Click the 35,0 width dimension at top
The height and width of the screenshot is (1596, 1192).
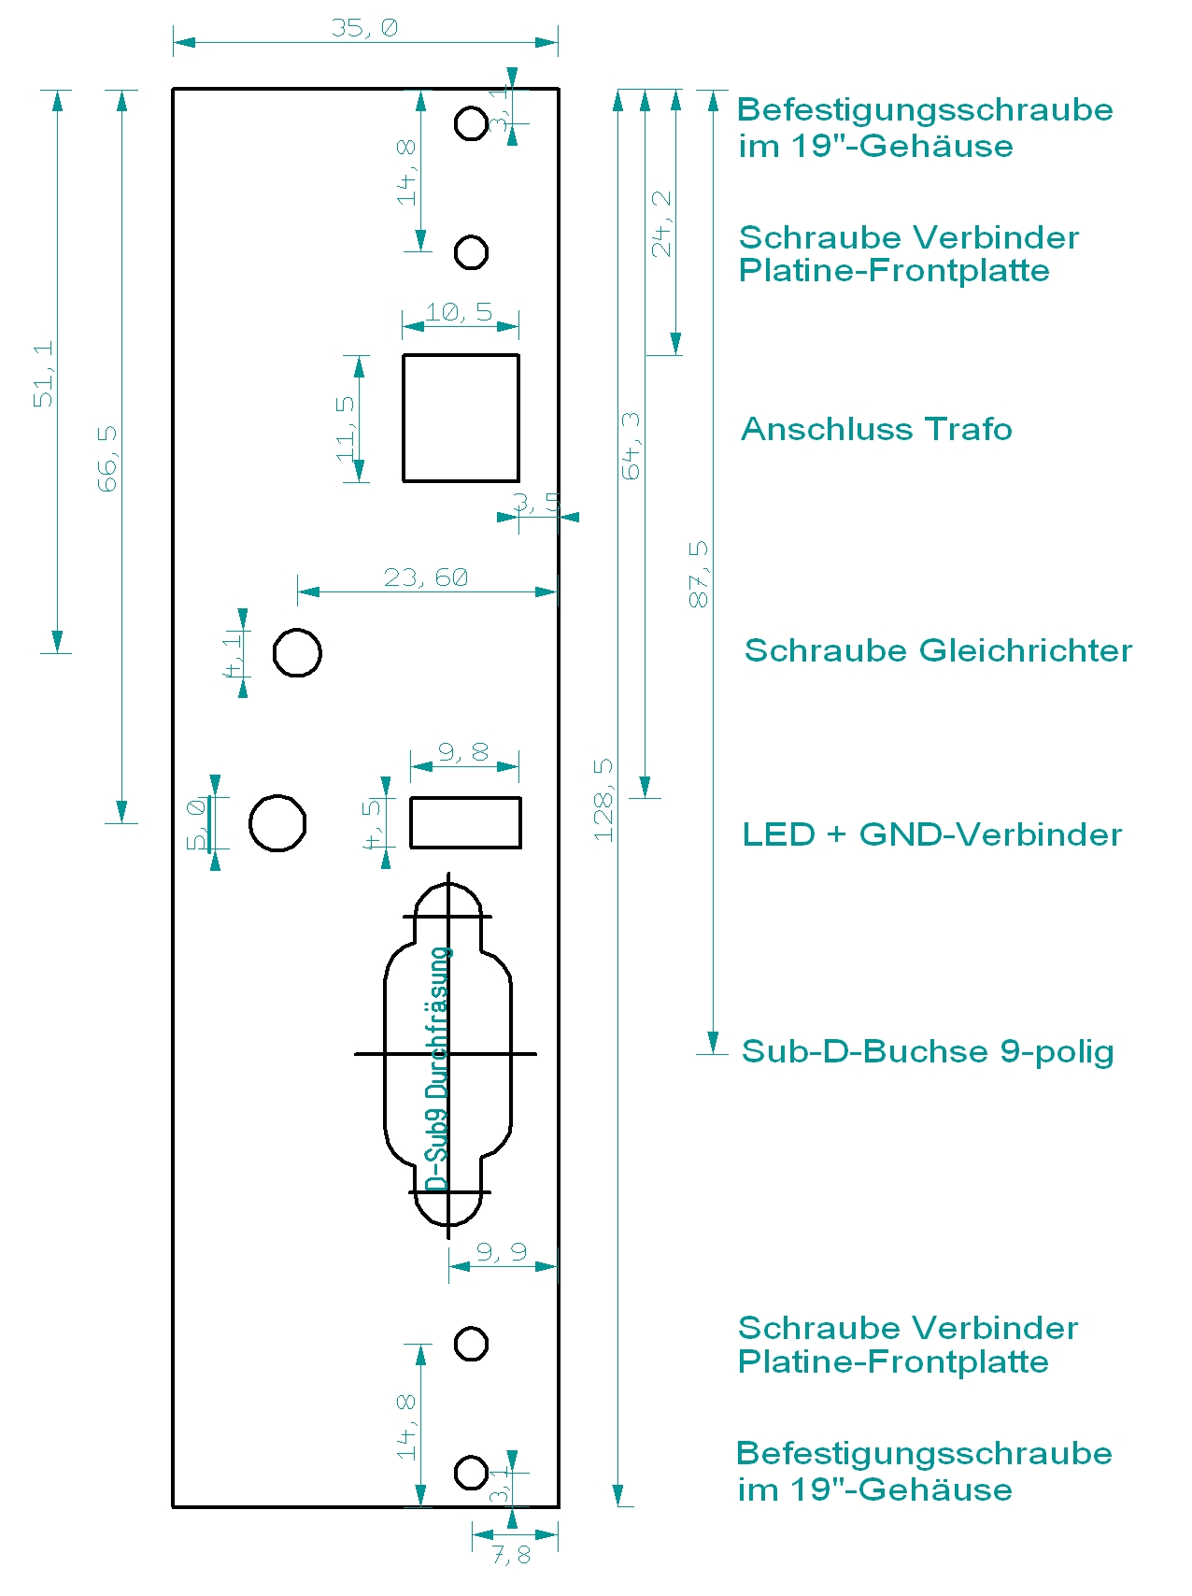tap(364, 28)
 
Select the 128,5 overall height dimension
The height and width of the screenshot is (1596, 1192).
tap(603, 800)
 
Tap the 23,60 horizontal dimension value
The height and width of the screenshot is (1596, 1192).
tap(426, 577)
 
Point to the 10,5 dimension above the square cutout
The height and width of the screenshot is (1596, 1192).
tap(459, 312)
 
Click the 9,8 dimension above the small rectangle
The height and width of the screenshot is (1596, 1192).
tap(463, 752)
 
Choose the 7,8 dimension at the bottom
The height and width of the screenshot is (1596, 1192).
tap(511, 1555)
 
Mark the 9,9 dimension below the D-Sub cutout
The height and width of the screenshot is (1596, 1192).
tap(502, 1252)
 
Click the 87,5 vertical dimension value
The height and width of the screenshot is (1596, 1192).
tap(699, 574)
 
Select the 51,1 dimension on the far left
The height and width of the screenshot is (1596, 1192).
tap(44, 374)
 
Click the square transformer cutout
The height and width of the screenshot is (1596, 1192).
tap(461, 418)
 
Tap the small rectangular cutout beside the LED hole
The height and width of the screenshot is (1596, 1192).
tap(465, 822)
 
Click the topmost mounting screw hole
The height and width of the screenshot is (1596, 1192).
tap(471, 122)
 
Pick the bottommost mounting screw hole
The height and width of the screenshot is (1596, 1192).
tap(471, 1472)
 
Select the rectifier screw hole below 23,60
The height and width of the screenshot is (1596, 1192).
tap(297, 652)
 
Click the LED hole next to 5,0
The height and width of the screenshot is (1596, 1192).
tap(277, 823)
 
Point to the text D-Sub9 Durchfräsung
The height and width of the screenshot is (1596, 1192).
tap(438, 1069)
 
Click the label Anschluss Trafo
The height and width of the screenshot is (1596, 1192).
tap(876, 429)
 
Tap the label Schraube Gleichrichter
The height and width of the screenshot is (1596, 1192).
tap(938, 650)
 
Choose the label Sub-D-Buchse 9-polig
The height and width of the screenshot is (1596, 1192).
tap(928, 1051)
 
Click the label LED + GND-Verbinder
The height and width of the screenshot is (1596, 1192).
tap(932, 834)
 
